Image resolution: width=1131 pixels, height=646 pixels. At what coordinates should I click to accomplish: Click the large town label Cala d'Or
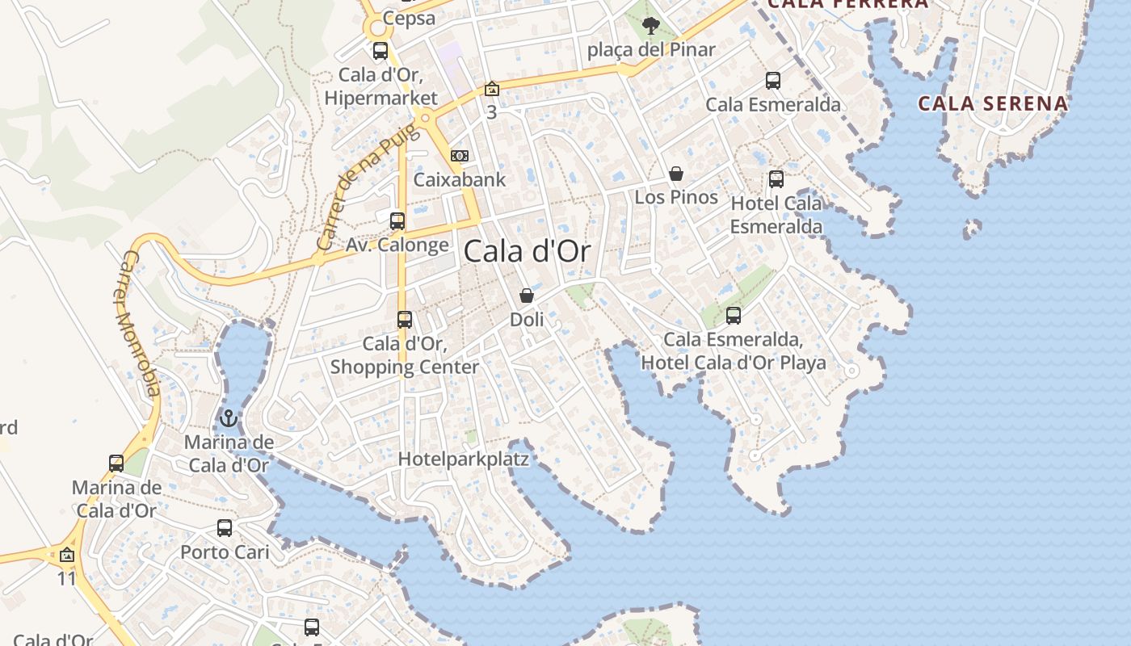[x=527, y=251]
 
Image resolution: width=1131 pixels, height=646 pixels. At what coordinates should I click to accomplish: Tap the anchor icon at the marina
[x=229, y=418]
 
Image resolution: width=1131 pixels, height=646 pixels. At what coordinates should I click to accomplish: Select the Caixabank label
[x=459, y=179]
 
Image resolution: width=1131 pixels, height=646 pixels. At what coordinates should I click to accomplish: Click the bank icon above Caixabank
[x=460, y=155]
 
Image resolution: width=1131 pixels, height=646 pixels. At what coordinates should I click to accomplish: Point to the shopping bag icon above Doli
[x=527, y=296]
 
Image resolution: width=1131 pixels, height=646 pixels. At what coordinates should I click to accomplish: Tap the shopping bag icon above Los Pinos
[x=676, y=174]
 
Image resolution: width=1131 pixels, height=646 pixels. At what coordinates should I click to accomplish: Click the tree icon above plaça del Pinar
[x=651, y=27]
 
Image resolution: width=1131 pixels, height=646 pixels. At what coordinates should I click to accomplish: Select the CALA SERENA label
[x=993, y=103]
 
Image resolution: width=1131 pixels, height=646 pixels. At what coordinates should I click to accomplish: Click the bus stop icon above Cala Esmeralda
[x=773, y=81]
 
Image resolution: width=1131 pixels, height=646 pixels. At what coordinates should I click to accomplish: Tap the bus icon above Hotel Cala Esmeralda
[x=776, y=179]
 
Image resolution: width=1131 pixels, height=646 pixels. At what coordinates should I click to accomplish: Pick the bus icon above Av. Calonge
[x=397, y=221]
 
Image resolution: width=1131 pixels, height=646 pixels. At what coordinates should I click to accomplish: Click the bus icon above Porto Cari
[x=225, y=529]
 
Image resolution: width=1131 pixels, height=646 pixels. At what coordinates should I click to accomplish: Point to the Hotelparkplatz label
[x=464, y=459]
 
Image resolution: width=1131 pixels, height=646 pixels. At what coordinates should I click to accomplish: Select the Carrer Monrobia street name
[x=139, y=323]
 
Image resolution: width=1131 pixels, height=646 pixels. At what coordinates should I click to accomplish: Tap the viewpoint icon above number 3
[x=491, y=89]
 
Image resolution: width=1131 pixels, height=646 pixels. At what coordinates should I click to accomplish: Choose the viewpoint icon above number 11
[x=67, y=555]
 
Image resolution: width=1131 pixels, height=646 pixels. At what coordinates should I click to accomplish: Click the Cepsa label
[x=410, y=18]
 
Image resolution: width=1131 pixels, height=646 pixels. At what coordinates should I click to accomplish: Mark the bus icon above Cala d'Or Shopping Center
[x=405, y=320]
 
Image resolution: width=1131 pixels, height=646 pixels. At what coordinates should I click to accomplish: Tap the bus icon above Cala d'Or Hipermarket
[x=381, y=51]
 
